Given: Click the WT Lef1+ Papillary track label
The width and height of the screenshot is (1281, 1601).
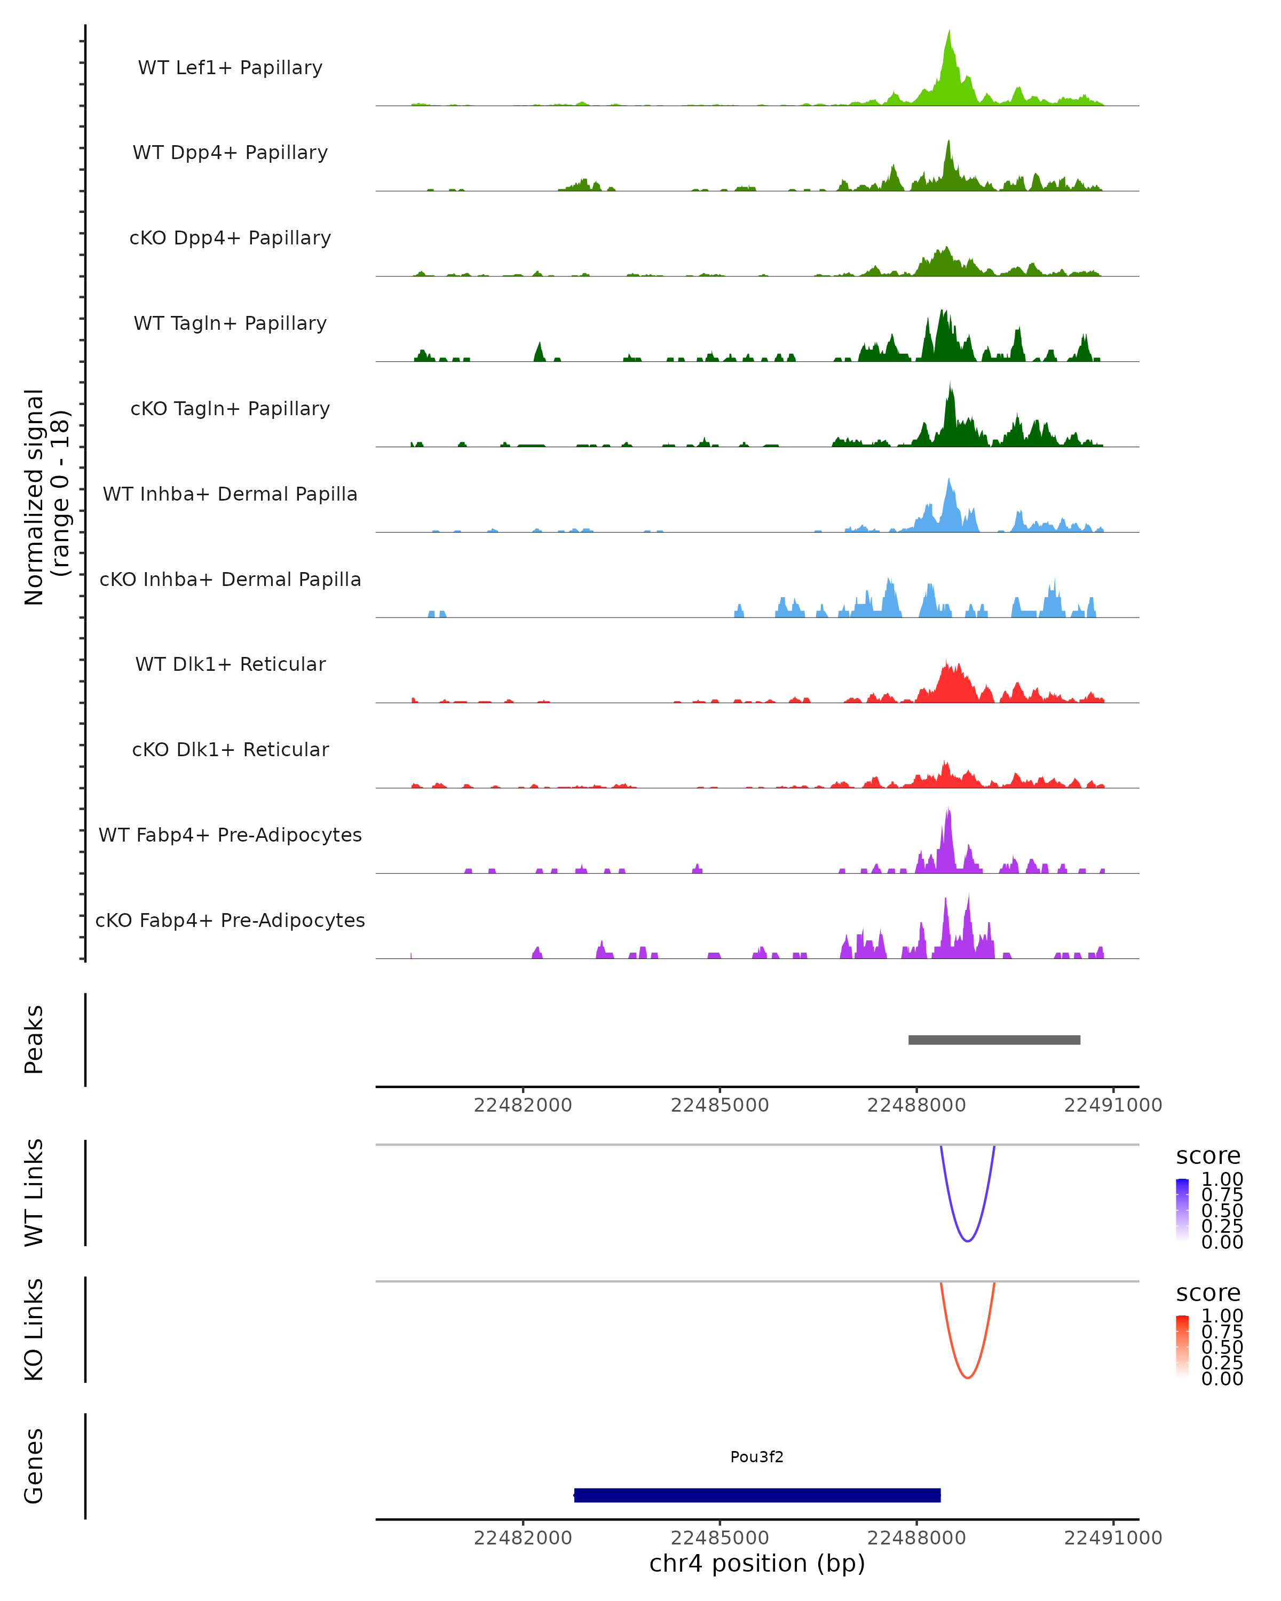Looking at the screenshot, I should click(230, 68).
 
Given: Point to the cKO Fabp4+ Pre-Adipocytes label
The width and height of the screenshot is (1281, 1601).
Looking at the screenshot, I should click(230, 920).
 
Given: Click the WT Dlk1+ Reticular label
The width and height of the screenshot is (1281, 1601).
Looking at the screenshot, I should click(230, 664).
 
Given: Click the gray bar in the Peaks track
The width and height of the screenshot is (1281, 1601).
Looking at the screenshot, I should click(994, 1040).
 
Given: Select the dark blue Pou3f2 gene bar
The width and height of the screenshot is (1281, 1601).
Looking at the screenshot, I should click(757, 1495).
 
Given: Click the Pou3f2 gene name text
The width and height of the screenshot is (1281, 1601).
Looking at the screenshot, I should click(757, 1457).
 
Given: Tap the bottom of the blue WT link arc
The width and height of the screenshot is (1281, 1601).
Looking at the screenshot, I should click(968, 1241).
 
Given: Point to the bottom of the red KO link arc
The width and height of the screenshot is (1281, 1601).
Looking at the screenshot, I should click(968, 1377).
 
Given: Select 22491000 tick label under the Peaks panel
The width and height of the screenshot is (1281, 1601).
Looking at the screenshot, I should click(1112, 1105).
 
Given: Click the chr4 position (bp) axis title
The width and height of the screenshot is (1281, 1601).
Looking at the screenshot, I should click(757, 1563).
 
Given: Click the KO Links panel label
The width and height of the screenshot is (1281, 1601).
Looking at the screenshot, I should click(34, 1329).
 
